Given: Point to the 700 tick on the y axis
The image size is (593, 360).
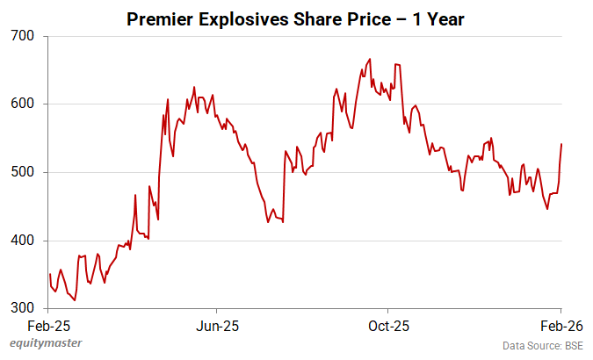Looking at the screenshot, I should (x=23, y=36).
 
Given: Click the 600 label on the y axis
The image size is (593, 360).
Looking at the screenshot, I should (x=23, y=104).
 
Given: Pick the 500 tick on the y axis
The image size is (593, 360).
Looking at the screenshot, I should (x=23, y=173).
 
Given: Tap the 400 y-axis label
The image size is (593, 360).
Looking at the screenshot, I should (x=23, y=241).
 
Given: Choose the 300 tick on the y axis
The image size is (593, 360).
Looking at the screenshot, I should (x=23, y=309).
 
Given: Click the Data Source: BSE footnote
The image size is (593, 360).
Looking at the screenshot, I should (x=543, y=344).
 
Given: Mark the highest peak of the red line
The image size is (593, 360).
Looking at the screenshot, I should (x=370, y=59).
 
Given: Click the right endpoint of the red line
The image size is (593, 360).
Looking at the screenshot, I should (x=562, y=144).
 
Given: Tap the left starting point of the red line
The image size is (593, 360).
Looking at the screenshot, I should (x=50, y=274).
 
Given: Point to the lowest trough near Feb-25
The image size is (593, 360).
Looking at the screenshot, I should (x=75, y=300).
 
